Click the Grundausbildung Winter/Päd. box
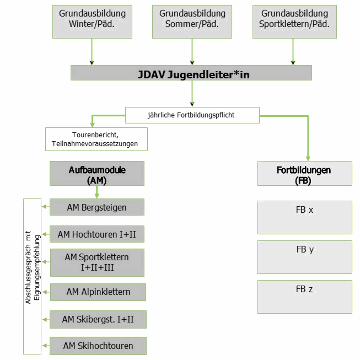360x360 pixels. click(x=92, y=22)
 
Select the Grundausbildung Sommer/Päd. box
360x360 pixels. click(x=192, y=22)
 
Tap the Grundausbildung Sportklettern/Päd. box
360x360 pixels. click(x=294, y=22)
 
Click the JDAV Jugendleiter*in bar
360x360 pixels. click(x=191, y=73)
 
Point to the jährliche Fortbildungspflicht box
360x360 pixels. click(x=192, y=115)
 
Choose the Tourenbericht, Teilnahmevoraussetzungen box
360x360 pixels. click(x=96, y=139)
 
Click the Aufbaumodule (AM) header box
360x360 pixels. click(x=97, y=173)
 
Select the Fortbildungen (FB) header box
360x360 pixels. click(x=304, y=173)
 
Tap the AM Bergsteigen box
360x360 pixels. click(x=97, y=207)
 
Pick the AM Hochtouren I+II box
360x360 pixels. click(x=97, y=234)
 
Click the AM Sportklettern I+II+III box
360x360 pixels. click(x=97, y=262)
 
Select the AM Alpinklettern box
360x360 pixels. click(x=98, y=292)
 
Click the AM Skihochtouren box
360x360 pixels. click(x=98, y=346)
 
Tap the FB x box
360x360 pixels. click(x=304, y=217)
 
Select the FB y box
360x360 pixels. click(x=304, y=257)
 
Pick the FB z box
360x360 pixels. click(x=304, y=297)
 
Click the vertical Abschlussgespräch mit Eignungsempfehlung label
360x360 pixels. click(x=32, y=276)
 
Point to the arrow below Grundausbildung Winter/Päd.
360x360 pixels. click(x=92, y=52)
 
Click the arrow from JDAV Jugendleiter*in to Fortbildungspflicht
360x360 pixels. click(x=192, y=93)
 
